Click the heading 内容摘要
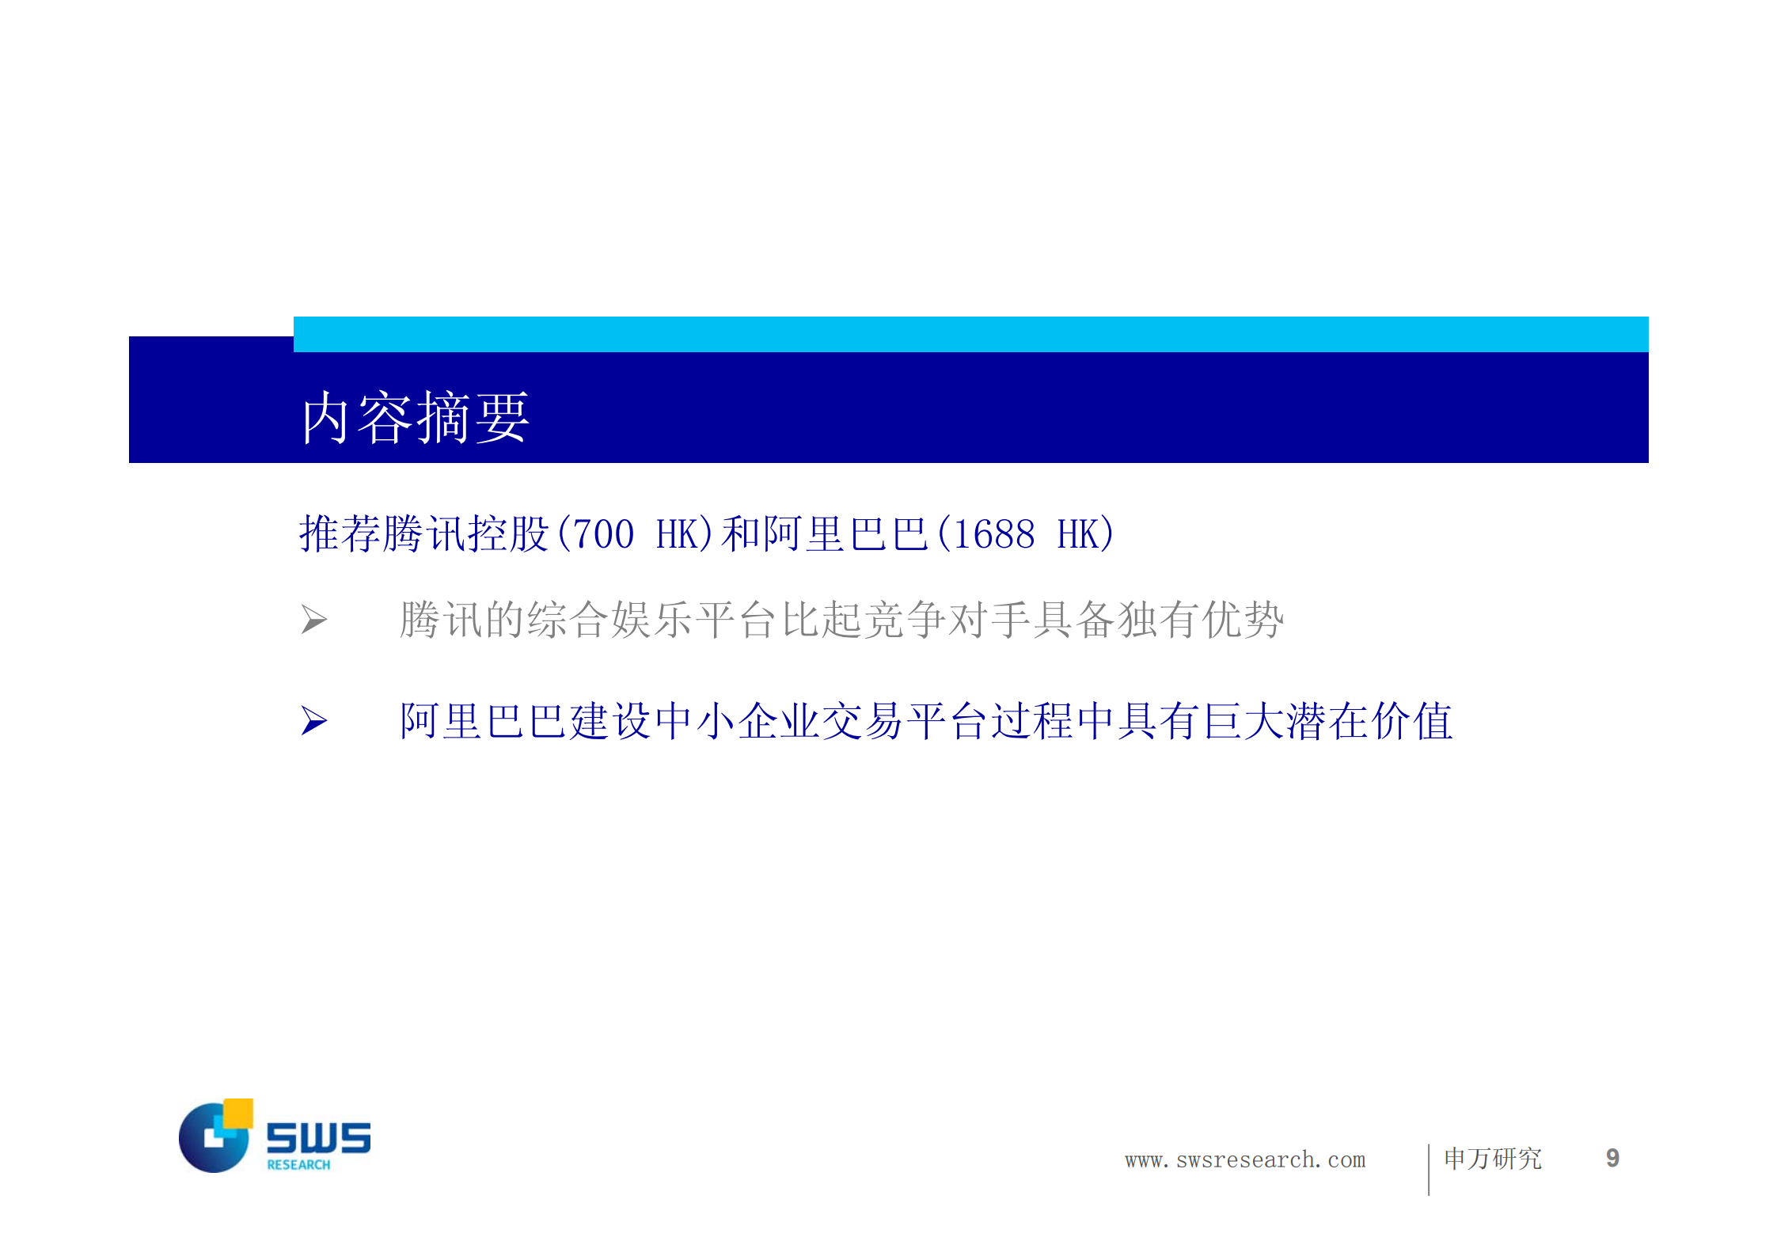[x=415, y=417]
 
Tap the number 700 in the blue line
[x=603, y=534]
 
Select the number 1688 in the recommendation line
[x=994, y=534]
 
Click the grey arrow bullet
[x=313, y=619]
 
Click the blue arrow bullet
[x=313, y=720]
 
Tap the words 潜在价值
[x=1369, y=721]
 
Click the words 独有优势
[x=1200, y=619]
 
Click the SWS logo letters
[x=318, y=1137]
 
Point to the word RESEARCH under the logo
[x=298, y=1165]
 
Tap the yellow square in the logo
[x=238, y=1112]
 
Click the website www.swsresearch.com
[x=1245, y=1160]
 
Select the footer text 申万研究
[x=1493, y=1159]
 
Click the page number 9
[x=1612, y=1159]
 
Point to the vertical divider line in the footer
[x=1429, y=1169]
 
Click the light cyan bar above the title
[x=970, y=334]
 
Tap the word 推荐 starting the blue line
[x=340, y=534]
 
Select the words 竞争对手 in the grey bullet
[x=948, y=619]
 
